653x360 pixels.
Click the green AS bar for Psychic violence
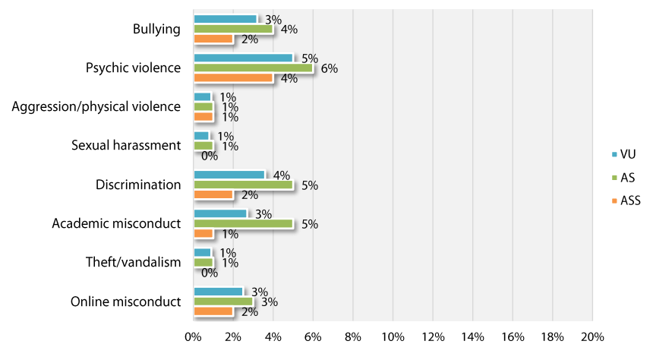pyautogui.click(x=253, y=68)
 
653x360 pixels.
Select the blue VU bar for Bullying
pyautogui.click(x=225, y=19)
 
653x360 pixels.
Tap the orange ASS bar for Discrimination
pyautogui.click(x=213, y=194)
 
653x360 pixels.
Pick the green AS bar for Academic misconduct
pyautogui.click(x=243, y=223)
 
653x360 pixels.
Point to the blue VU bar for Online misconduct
pyautogui.click(x=219, y=292)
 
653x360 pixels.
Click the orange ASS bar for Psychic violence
pyautogui.click(x=233, y=77)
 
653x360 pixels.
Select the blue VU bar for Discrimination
pyautogui.click(x=229, y=175)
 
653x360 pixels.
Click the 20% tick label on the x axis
pyautogui.click(x=592, y=336)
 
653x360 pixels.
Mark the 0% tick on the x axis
pyautogui.click(x=194, y=336)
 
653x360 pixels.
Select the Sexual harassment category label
pyautogui.click(x=126, y=145)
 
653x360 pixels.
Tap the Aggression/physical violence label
pyautogui.click(x=96, y=106)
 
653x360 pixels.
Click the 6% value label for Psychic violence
pyautogui.click(x=329, y=68)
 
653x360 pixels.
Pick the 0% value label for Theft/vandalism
pyautogui.click(x=210, y=273)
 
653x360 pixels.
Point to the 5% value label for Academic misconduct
pyautogui.click(x=309, y=224)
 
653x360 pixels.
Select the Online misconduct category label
pyautogui.click(x=127, y=302)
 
